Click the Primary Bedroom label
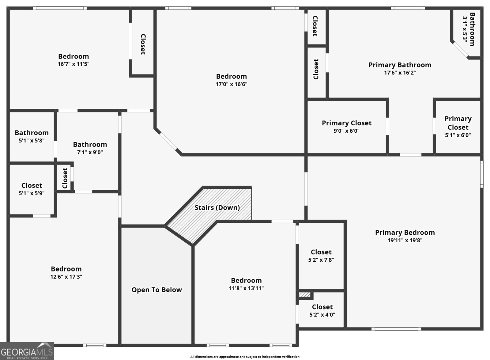[x=405, y=233]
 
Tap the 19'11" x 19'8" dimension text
[x=405, y=240]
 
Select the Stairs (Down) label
[x=217, y=207]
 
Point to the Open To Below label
[x=156, y=290]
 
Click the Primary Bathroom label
[x=400, y=65]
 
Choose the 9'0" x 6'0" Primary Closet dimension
[x=346, y=131]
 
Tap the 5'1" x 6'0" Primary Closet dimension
[x=458, y=135]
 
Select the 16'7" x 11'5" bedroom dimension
[x=73, y=64]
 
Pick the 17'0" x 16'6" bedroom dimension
[x=232, y=84]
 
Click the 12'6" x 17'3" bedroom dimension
[x=66, y=277]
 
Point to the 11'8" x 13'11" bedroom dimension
[x=246, y=288]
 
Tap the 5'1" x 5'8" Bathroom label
[x=32, y=133]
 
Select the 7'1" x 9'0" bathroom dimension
[x=90, y=152]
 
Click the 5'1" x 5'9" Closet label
[x=32, y=186]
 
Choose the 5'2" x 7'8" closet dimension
[x=321, y=260]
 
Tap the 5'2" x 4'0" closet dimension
[x=322, y=315]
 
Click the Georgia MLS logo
[x=27, y=351]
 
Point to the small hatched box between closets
[x=304, y=294]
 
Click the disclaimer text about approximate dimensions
[x=245, y=357]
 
